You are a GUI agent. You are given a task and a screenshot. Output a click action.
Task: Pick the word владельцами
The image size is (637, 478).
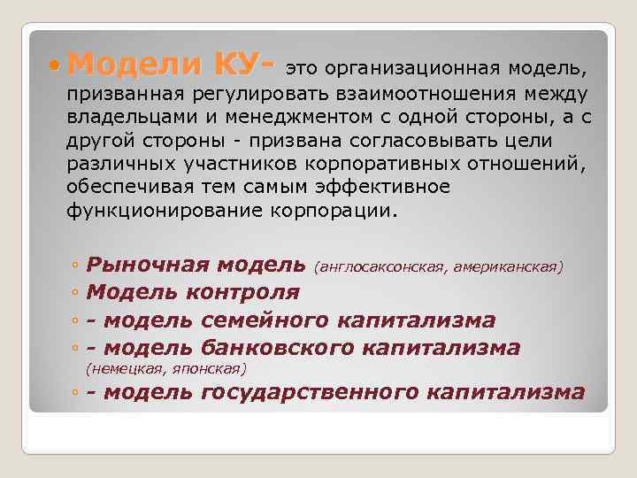[125, 118]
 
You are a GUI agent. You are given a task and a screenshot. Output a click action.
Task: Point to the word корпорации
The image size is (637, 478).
[338, 211]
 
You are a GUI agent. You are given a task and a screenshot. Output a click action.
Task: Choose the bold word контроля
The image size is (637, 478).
[244, 292]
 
